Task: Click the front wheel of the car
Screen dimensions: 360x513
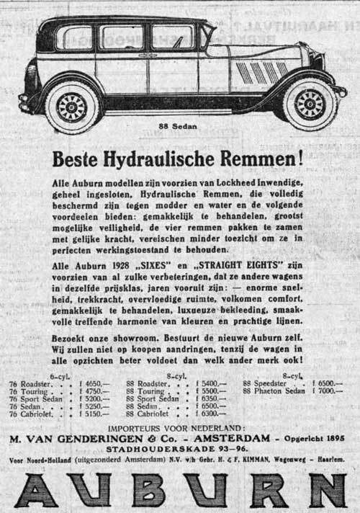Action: coord(310,104)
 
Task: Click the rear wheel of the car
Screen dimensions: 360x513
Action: coord(71,107)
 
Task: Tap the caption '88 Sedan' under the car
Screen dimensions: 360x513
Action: coord(177,131)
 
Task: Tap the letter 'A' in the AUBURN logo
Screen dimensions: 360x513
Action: coord(36,489)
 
